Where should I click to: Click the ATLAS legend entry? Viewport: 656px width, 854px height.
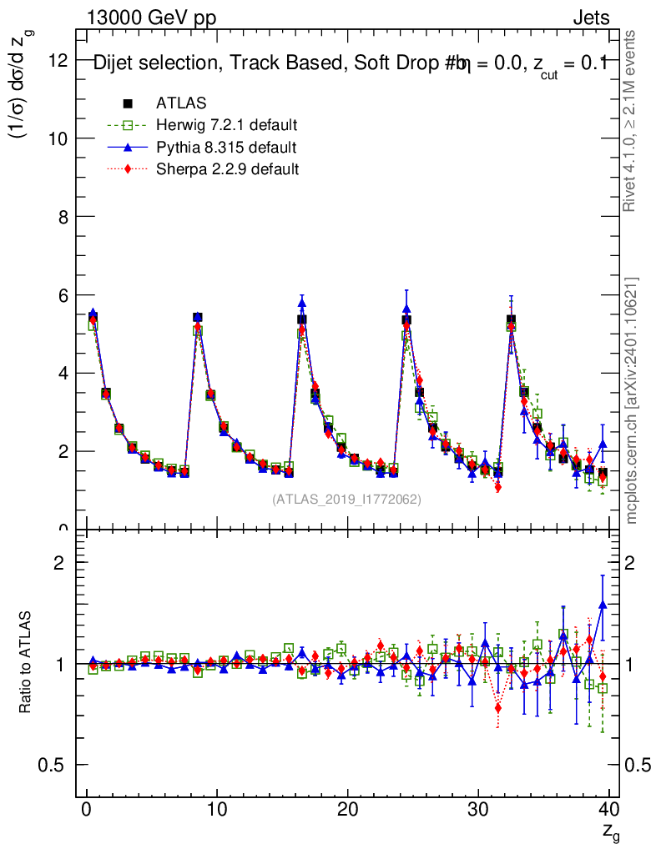pyautogui.click(x=181, y=103)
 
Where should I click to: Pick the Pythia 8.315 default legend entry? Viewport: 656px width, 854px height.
pyautogui.click(x=226, y=148)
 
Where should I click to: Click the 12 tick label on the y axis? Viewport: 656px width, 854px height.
pyautogui.click(x=58, y=60)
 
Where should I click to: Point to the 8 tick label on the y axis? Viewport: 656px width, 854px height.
pyautogui.click(x=63, y=217)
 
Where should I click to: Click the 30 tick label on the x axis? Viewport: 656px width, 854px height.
pyautogui.click(x=478, y=809)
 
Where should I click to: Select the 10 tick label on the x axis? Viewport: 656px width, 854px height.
pyautogui.click(x=217, y=809)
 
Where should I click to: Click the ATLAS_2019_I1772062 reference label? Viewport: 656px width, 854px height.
pyautogui.click(x=346, y=500)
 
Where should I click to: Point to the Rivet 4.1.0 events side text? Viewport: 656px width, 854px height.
pyautogui.click(x=632, y=121)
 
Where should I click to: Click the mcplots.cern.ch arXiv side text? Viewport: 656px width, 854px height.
pyautogui.click(x=632, y=400)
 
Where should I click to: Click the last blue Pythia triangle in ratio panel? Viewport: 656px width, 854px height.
pyautogui.click(x=603, y=604)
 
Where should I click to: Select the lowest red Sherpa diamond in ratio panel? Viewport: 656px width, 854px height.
pyautogui.click(x=498, y=708)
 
